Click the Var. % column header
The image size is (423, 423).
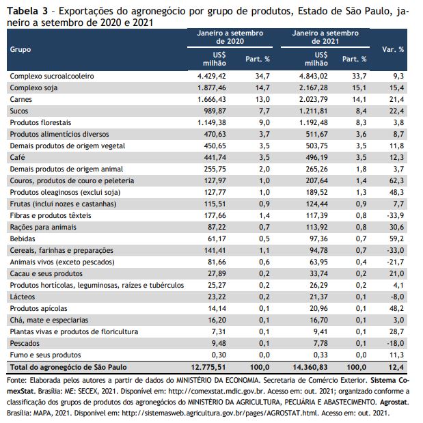pos(393,49)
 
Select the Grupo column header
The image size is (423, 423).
pos(21,49)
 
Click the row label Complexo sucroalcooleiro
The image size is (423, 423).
pos(52,76)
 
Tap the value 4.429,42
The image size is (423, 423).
pos(212,76)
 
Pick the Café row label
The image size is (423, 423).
pos(17,157)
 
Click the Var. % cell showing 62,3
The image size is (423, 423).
pos(396,180)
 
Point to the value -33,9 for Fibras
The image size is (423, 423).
pos(395,215)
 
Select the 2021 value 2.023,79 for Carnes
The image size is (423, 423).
pos(314,99)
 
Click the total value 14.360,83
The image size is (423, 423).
pos(310,367)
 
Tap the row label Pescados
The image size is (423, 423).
pos(25,343)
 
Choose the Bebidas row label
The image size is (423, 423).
pos(23,238)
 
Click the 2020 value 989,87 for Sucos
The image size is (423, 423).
pos(215,111)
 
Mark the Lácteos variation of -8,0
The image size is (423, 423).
pos(397,297)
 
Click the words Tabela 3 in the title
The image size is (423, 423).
pos(27,11)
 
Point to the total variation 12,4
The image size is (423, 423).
pos(396,367)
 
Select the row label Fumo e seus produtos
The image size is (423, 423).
pos(45,355)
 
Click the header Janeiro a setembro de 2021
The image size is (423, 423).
pos(325,37)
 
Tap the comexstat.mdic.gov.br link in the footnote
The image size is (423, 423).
pos(217,391)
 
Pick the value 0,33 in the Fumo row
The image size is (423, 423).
pos(320,355)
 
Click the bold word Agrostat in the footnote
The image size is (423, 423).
pos(394,402)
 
